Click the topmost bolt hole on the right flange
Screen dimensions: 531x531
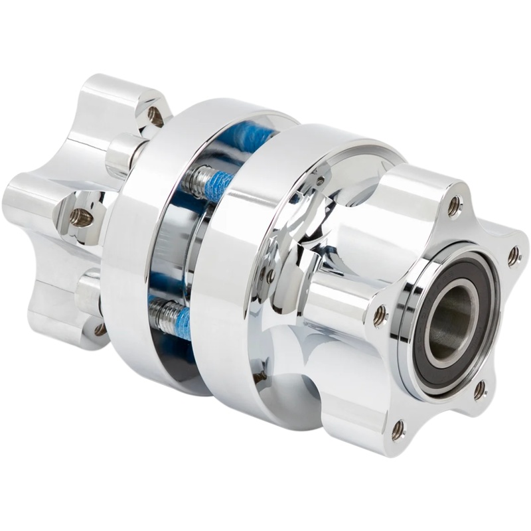[x=454, y=206]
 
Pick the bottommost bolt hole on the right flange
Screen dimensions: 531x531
[x=398, y=430]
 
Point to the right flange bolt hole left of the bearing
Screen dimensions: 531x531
[x=380, y=315]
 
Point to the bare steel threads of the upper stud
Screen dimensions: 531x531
[x=197, y=178]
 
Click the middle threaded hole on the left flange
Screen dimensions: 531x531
[x=80, y=218]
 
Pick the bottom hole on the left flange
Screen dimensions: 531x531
[x=100, y=329]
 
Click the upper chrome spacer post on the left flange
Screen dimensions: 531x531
[x=123, y=154]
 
